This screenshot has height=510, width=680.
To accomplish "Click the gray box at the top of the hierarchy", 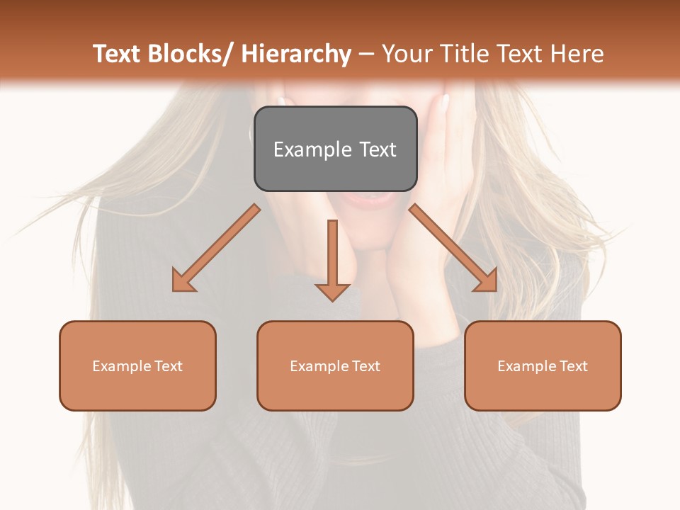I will pos(335,149).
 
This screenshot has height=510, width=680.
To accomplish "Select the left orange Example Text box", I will pos(137,365).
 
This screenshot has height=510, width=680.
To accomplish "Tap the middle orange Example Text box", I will pos(335,365).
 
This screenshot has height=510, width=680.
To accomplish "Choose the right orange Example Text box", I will pos(543,365).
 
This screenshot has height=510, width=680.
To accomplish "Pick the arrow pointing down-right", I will pos(453,248).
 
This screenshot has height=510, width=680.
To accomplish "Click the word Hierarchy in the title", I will pos(296,54).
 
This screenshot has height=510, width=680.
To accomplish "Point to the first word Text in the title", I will pos(118,54).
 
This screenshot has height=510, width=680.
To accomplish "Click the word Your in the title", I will pos(407,54).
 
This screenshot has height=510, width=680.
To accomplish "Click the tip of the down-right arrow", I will pos(495,290).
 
